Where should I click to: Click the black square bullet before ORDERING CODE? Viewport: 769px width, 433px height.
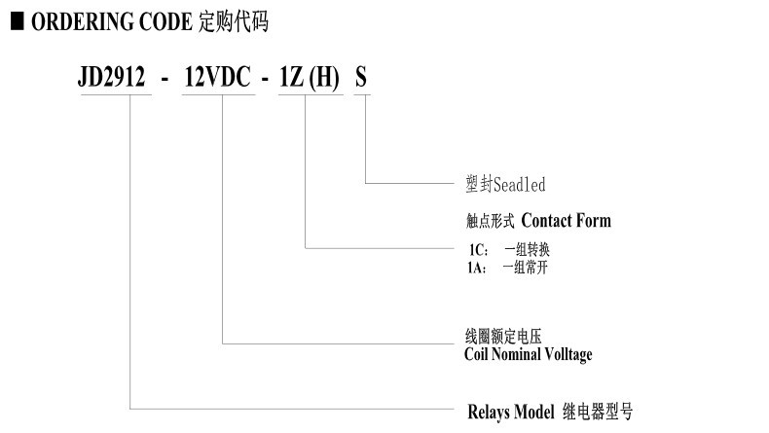pos(18,21)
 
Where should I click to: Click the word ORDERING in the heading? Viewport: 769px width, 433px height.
pos(83,22)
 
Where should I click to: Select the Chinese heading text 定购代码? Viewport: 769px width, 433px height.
pos(234,22)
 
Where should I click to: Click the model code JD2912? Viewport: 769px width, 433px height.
pos(112,77)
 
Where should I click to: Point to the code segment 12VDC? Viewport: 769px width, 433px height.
pos(218,77)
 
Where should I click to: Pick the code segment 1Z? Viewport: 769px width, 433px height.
pos(291,77)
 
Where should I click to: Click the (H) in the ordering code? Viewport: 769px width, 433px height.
pos(324,78)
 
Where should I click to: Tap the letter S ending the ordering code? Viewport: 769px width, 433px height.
pos(361,78)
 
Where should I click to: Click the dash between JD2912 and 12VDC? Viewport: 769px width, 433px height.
pos(165,79)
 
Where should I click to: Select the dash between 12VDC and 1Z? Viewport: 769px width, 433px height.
pos(265,79)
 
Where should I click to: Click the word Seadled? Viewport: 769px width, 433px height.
pos(520,185)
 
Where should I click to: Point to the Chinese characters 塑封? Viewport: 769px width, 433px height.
pos(479,184)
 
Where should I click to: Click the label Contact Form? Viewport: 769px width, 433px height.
pos(566,221)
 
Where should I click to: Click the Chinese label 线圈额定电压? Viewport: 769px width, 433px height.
pos(503,337)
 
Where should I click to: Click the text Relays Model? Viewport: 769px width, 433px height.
pos(510,412)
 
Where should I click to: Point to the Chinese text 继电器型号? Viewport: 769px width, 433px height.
pos(598,412)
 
